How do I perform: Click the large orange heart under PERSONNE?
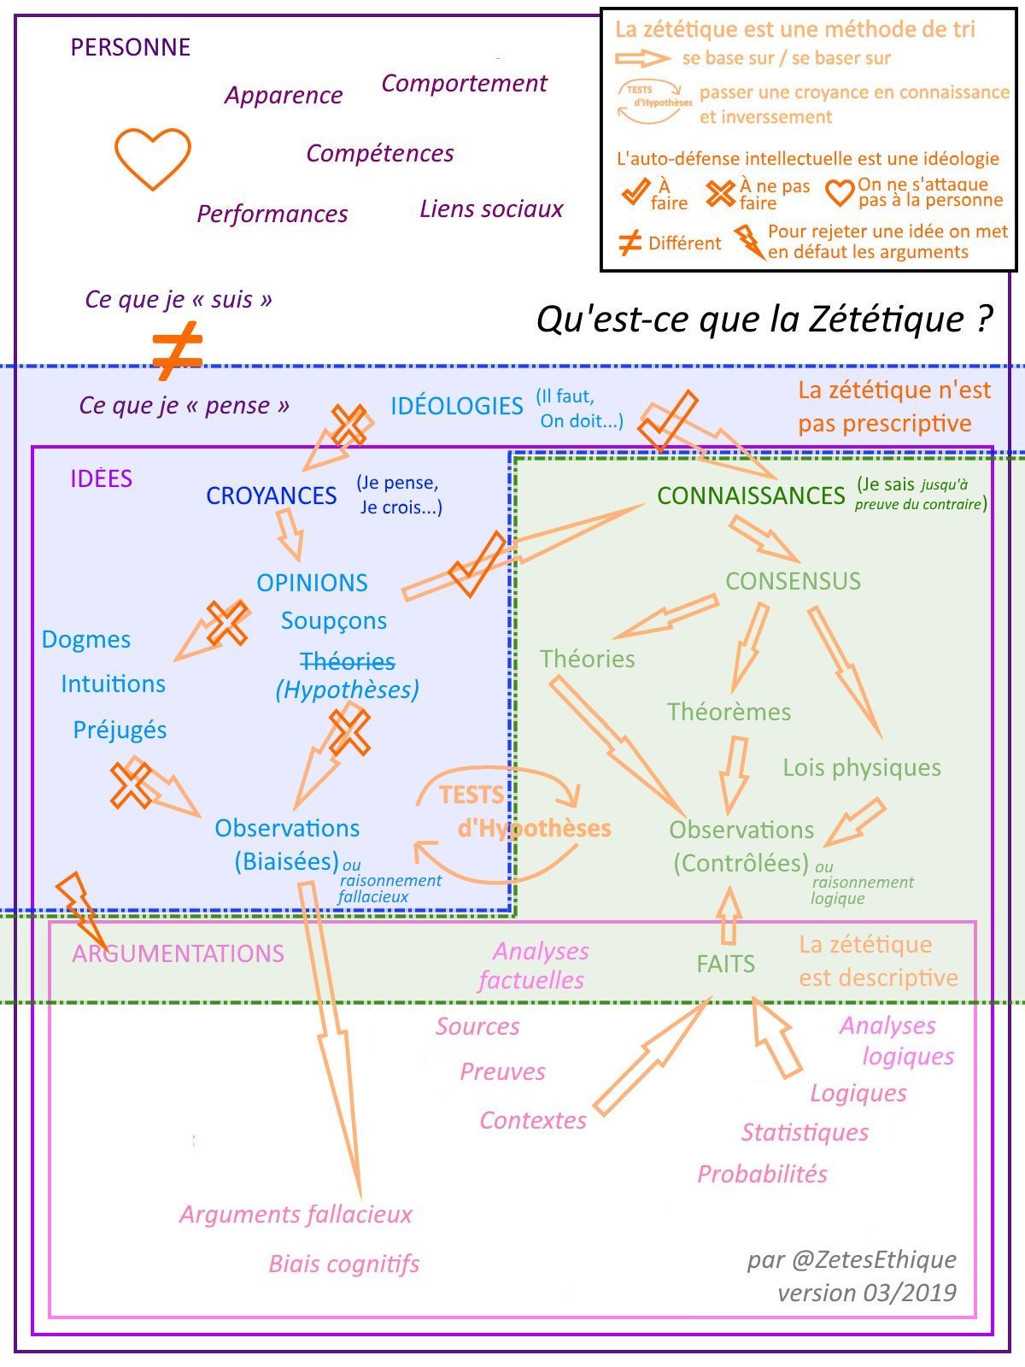pyautogui.click(x=153, y=158)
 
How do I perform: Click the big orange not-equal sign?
pyautogui.click(x=177, y=350)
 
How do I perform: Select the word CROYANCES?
pyautogui.click(x=272, y=496)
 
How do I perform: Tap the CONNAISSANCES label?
pyautogui.click(x=751, y=496)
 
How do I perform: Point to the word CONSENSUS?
pyautogui.click(x=793, y=581)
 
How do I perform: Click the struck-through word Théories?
pyautogui.click(x=348, y=661)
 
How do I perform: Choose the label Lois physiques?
pyautogui.click(x=862, y=767)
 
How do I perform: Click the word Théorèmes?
pyautogui.click(x=729, y=712)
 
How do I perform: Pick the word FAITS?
pyautogui.click(x=725, y=964)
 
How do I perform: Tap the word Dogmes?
pyautogui.click(x=86, y=639)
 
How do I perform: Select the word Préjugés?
pyautogui.click(x=120, y=730)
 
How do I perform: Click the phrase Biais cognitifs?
pyautogui.click(x=344, y=1264)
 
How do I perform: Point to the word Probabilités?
pyautogui.click(x=762, y=1174)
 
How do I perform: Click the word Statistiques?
pyautogui.click(x=805, y=1132)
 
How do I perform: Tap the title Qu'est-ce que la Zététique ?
pyautogui.click(x=764, y=320)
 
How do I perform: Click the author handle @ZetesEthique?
pyautogui.click(x=874, y=1259)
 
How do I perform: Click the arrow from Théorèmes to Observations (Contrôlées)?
pyautogui.click(x=734, y=774)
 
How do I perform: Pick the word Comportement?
pyautogui.click(x=464, y=83)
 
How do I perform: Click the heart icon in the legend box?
pyautogui.click(x=840, y=192)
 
